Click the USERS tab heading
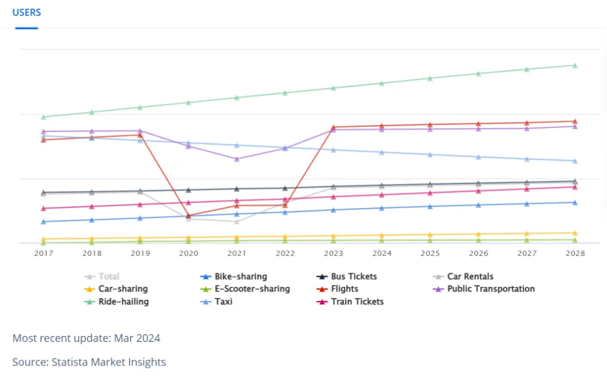(x=27, y=12)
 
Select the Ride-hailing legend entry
(x=123, y=302)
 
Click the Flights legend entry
(x=344, y=289)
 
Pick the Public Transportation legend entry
(x=491, y=289)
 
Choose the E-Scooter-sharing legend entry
(x=253, y=289)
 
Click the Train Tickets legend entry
(x=356, y=302)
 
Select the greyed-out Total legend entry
(x=108, y=277)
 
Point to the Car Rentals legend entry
(x=470, y=277)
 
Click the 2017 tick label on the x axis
(x=43, y=253)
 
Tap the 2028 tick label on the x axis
(x=575, y=253)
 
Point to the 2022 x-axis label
(x=285, y=253)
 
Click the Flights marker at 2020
(x=189, y=216)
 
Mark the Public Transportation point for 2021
(x=237, y=159)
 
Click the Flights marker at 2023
(x=333, y=127)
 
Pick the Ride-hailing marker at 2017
(x=43, y=117)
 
